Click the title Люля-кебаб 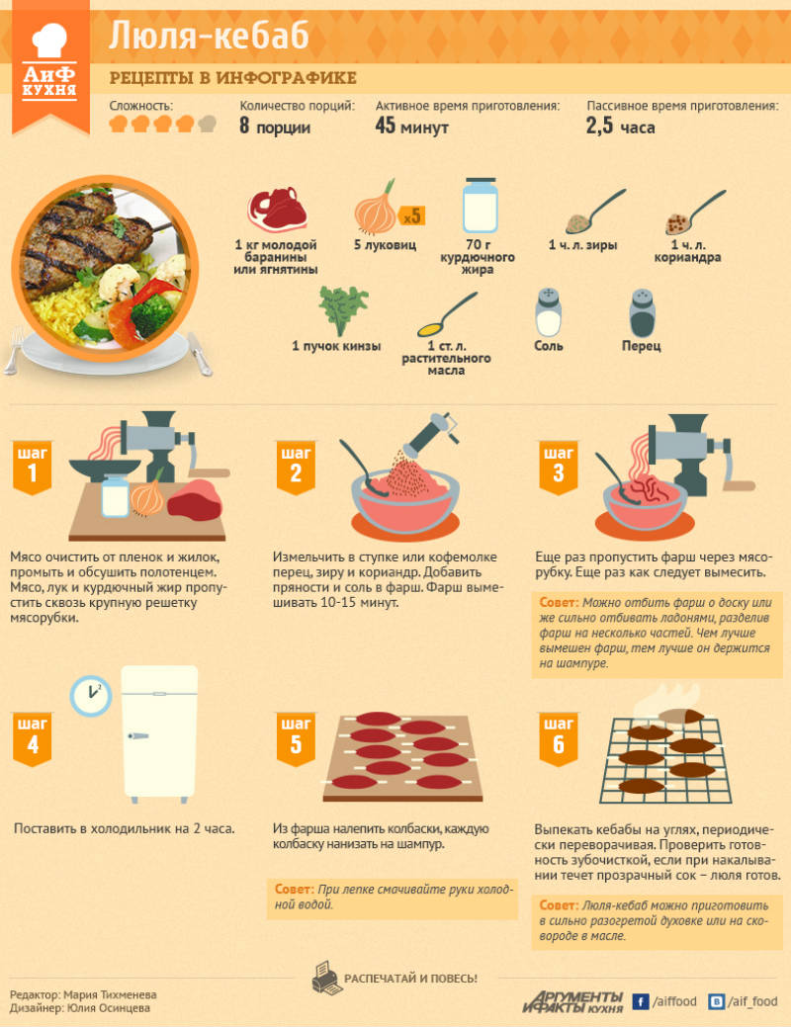209,36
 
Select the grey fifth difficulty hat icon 207,124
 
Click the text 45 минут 411,126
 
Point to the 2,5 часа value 620,126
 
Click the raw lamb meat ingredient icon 277,209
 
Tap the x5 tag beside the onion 411,216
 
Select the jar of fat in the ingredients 481,206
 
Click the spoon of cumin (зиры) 594,212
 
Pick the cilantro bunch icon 343,310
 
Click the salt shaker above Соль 548,312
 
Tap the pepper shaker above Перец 643,312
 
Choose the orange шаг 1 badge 32,468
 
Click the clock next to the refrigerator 90,696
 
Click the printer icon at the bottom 324,978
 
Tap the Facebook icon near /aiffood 641,1001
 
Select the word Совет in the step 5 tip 295,890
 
